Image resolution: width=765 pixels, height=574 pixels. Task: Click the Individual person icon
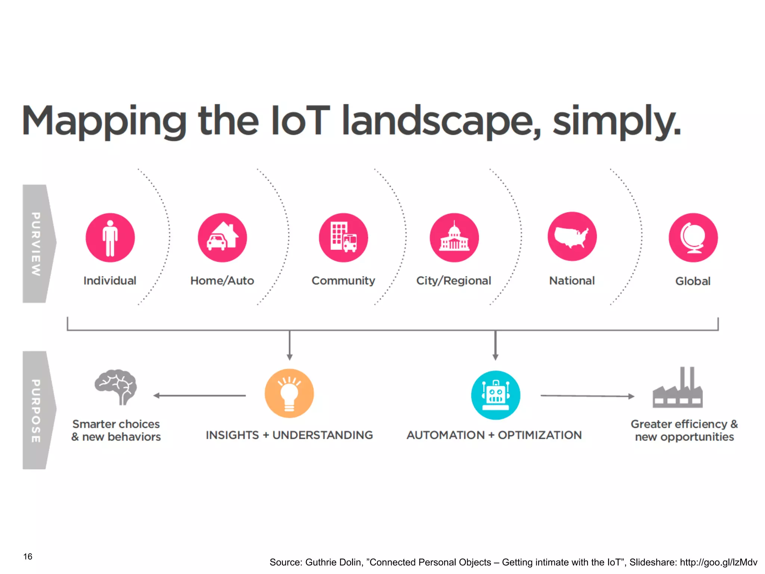[110, 238]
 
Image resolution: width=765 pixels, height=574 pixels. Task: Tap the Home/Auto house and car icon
[222, 238]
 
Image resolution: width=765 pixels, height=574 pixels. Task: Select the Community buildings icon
[343, 238]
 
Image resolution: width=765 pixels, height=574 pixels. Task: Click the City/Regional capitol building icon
[454, 238]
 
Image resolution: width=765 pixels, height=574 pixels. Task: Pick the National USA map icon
[572, 237]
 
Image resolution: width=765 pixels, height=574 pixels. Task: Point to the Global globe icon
[693, 238]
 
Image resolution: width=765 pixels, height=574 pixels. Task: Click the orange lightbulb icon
[289, 394]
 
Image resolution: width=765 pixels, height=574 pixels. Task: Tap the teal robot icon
[495, 395]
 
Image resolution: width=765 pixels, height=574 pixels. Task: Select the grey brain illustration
[116, 387]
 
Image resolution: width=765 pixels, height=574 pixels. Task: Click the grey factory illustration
[678, 389]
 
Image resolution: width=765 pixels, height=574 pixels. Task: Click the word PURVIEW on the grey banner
[36, 244]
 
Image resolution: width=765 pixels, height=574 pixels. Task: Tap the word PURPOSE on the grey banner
[36, 411]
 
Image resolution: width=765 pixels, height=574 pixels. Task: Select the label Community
[343, 281]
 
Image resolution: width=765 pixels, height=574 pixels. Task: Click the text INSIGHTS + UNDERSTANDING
[289, 435]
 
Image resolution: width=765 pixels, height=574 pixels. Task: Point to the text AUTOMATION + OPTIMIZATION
[494, 435]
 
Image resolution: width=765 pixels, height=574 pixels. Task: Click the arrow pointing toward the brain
[199, 395]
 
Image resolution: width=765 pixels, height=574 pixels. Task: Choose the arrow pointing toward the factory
[587, 396]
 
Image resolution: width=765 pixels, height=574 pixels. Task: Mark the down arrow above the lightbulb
[289, 345]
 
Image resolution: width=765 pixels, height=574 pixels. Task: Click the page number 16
[28, 556]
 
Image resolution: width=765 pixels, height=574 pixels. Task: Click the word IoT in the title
[300, 120]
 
